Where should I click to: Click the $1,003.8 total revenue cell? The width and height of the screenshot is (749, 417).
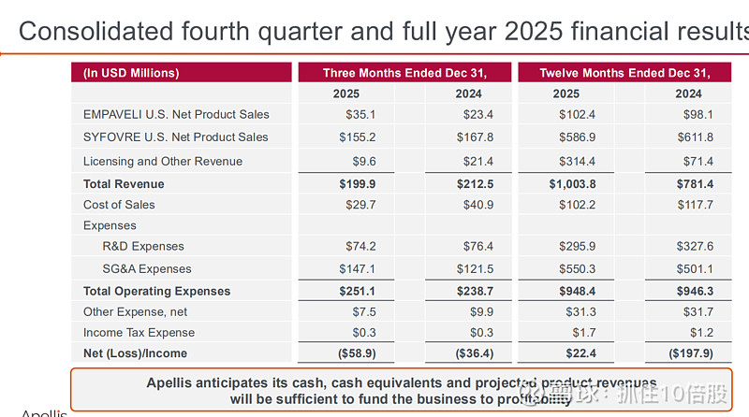tap(572, 184)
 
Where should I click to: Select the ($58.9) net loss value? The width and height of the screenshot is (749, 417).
tap(357, 353)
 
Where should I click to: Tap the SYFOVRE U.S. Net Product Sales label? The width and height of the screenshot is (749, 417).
tap(176, 137)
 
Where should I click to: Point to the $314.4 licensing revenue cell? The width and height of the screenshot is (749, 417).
tap(577, 162)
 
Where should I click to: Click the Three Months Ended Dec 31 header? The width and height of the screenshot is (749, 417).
tap(404, 73)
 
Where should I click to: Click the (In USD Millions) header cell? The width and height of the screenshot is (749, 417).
tap(131, 73)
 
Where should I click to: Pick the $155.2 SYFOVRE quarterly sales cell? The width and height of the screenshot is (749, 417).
tap(357, 137)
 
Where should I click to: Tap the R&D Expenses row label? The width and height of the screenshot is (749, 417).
tap(143, 247)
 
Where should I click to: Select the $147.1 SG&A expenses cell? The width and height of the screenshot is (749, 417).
tap(357, 269)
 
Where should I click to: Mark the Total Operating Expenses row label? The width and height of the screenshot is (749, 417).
tap(156, 292)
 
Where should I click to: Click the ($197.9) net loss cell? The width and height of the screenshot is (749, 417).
tap(692, 353)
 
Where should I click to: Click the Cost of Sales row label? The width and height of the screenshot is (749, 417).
tap(119, 205)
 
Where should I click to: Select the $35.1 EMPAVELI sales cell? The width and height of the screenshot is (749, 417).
tap(360, 115)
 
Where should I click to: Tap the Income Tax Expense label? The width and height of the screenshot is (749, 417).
tap(139, 333)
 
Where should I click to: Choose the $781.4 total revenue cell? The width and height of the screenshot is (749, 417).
tap(695, 184)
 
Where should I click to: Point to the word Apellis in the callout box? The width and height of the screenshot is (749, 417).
tap(175, 383)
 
